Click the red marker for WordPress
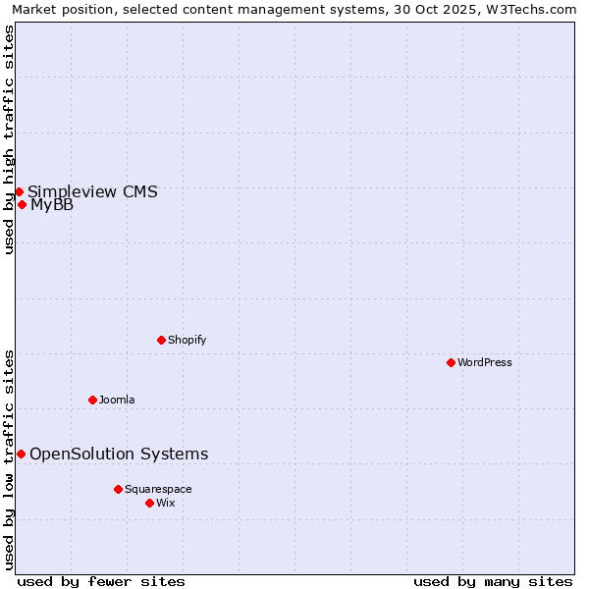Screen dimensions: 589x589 click(x=451, y=362)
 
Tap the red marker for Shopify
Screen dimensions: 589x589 click(x=161, y=340)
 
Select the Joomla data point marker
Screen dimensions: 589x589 click(x=92, y=400)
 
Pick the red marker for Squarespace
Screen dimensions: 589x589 click(x=118, y=489)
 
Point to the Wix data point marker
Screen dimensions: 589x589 click(x=149, y=503)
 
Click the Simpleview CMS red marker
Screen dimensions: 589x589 click(x=19, y=191)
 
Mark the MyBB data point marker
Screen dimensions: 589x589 click(x=22, y=204)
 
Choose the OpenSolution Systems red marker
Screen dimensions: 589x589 click(x=21, y=454)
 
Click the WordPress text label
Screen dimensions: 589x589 click(x=485, y=362)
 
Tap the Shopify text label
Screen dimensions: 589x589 click(x=187, y=340)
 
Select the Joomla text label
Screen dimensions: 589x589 click(x=117, y=400)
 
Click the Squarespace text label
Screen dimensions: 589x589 click(x=158, y=489)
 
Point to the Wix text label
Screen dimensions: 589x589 click(x=166, y=503)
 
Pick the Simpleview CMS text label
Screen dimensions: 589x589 click(x=92, y=191)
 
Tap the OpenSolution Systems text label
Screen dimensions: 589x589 click(x=119, y=454)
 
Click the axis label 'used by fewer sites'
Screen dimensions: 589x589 click(x=101, y=581)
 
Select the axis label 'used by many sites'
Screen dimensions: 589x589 click(x=493, y=581)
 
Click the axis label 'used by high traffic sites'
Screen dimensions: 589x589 click(x=9, y=139)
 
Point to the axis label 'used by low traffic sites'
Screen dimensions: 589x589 click(x=9, y=458)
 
